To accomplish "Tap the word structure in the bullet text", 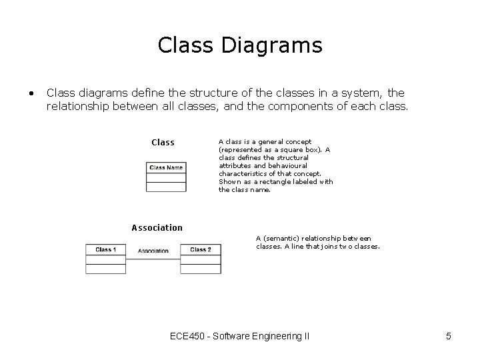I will (203, 93).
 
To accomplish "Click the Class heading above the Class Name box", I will (163, 143).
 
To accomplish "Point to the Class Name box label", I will (166, 167).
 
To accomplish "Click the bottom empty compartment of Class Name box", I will (166, 187).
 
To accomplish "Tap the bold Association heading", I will (157, 228).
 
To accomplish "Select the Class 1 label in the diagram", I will (105, 250).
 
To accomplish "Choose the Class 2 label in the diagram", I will (201, 250).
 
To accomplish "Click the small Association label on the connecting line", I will (153, 251).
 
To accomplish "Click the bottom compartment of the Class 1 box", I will (105, 269).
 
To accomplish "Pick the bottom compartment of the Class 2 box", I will (201, 269).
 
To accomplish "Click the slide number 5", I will (449, 336).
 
